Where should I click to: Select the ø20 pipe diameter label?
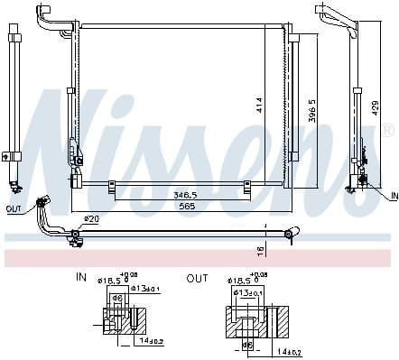click(90, 217)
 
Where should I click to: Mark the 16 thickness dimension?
click(259, 249)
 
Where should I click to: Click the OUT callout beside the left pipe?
click(13, 208)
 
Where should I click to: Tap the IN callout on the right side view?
click(393, 196)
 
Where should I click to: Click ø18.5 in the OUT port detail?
click(237, 281)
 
